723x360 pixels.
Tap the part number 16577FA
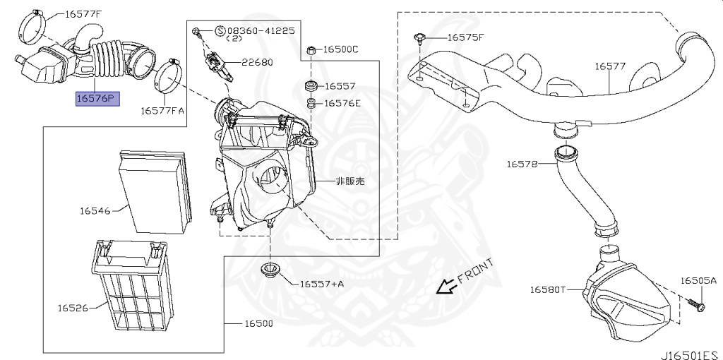point(162,110)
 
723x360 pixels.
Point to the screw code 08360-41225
point(258,31)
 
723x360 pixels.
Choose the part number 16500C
point(341,49)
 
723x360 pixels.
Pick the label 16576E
point(342,103)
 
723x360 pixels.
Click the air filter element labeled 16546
point(155,191)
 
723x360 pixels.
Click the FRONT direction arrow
point(445,286)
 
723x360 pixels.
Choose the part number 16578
point(522,164)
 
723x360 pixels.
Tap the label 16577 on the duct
point(610,66)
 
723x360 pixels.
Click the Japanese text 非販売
point(350,181)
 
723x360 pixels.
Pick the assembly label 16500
point(258,323)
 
